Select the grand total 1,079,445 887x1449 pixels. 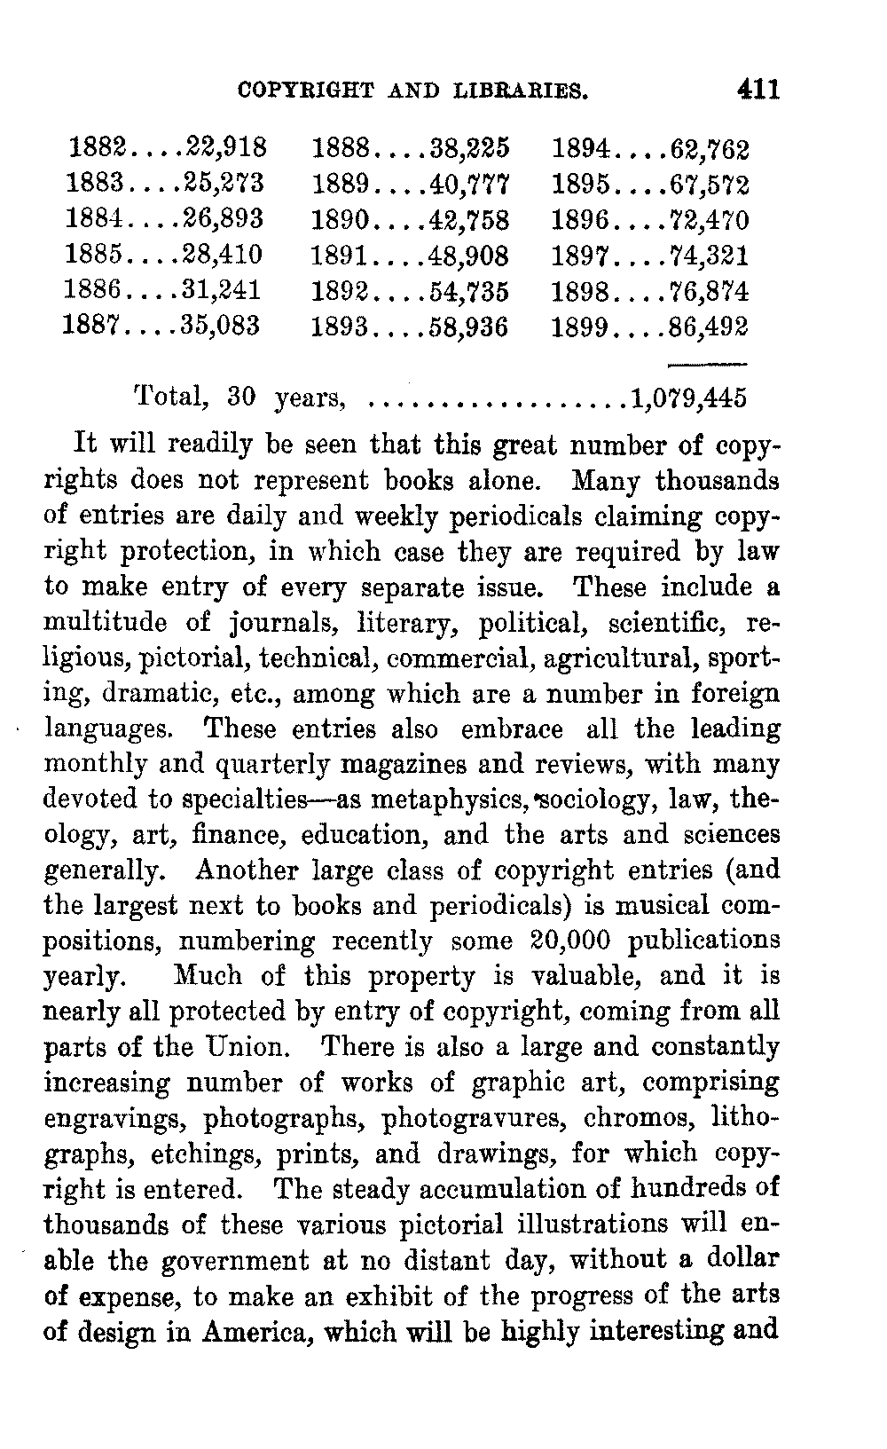688,398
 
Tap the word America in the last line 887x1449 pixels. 263,1332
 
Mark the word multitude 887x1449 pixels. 105,622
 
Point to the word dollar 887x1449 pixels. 742,1260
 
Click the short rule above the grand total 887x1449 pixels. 706,364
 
